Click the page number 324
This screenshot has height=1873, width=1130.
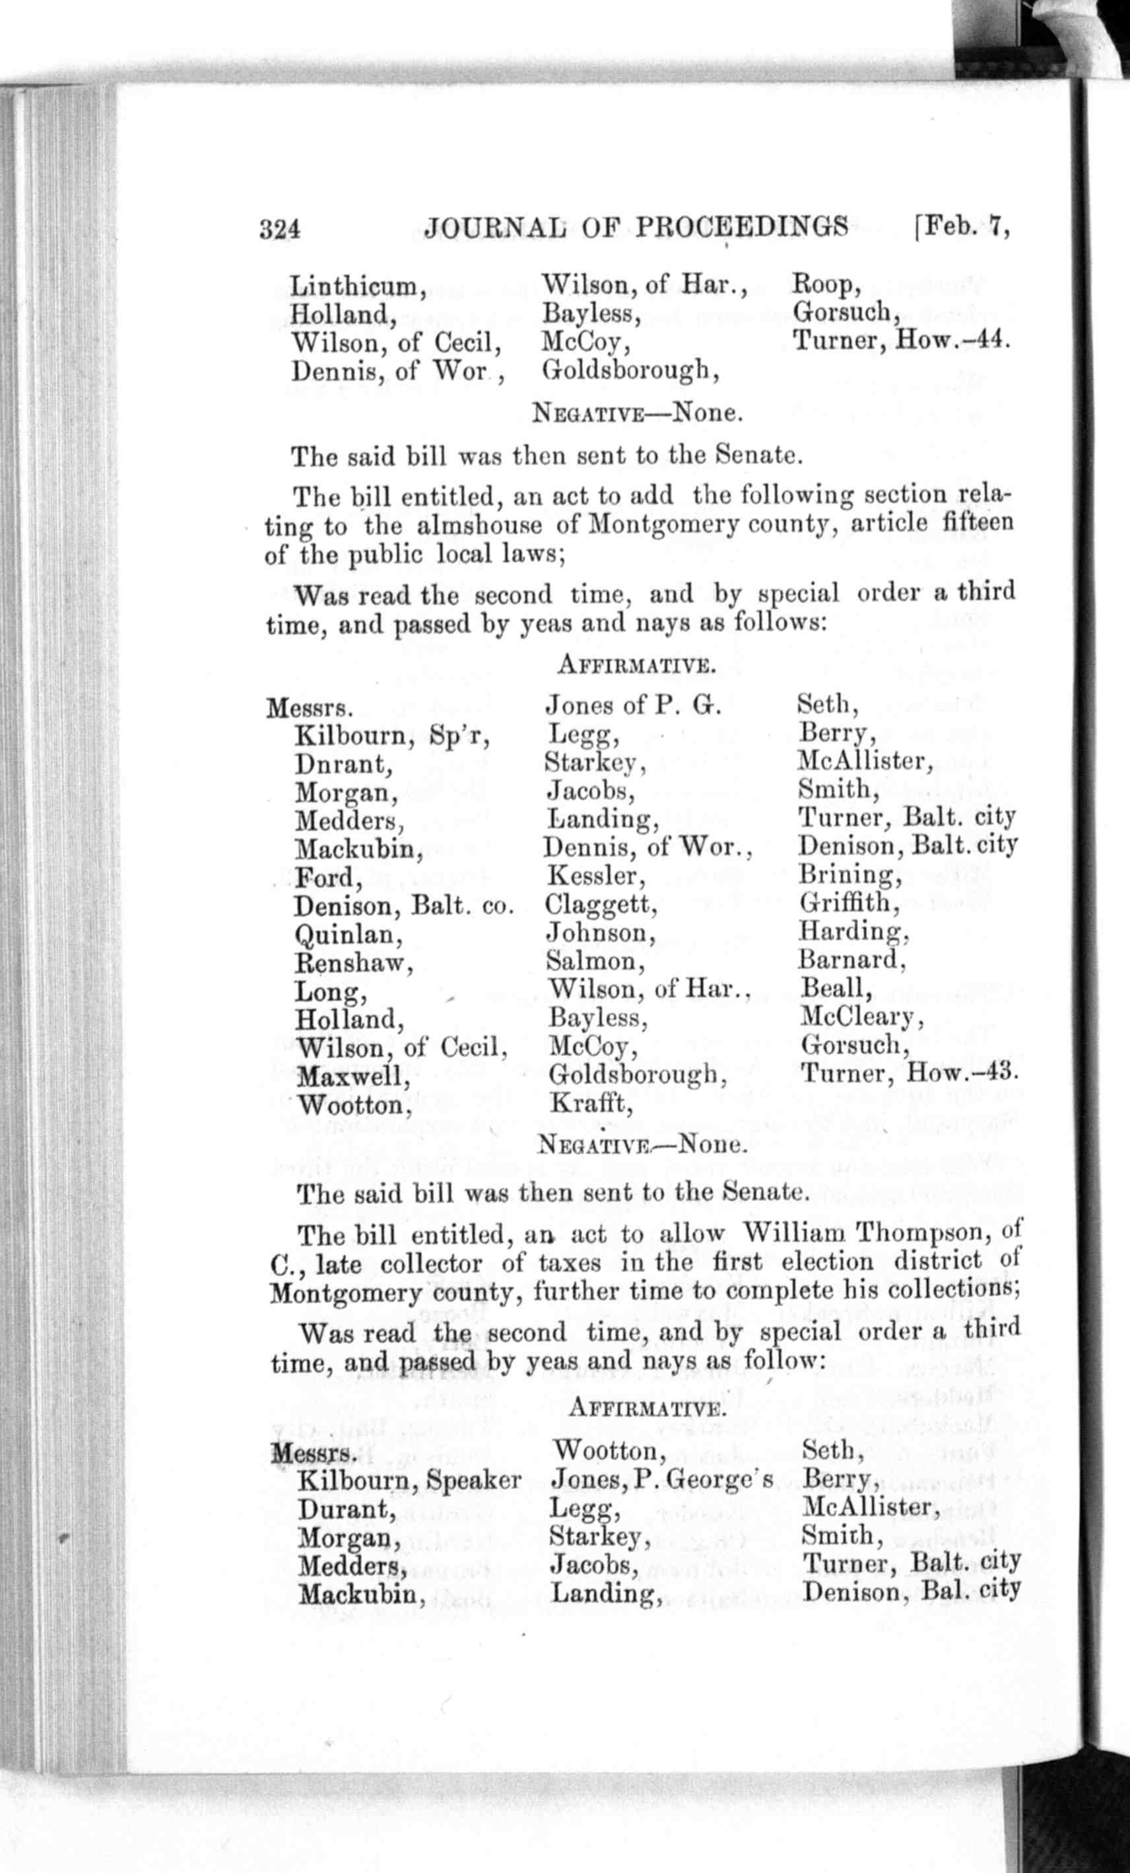[x=280, y=228]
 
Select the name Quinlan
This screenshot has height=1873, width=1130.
[x=349, y=935]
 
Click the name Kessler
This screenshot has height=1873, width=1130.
[x=596, y=876]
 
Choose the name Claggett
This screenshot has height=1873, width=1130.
[x=601, y=905]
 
